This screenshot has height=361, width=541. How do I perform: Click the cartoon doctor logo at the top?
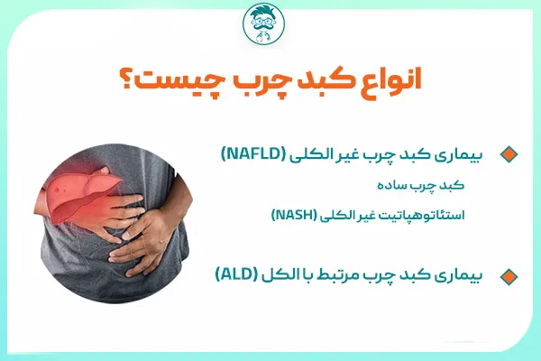coord(270,25)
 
